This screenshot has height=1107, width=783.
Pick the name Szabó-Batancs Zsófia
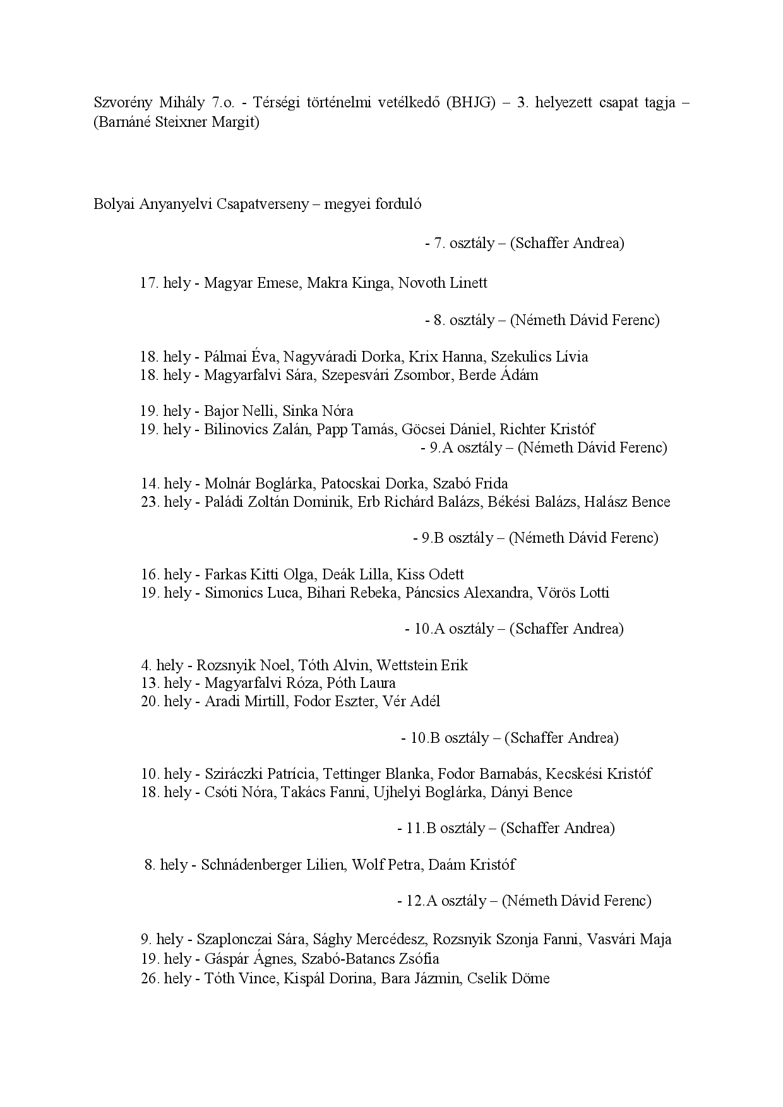coord(370,959)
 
